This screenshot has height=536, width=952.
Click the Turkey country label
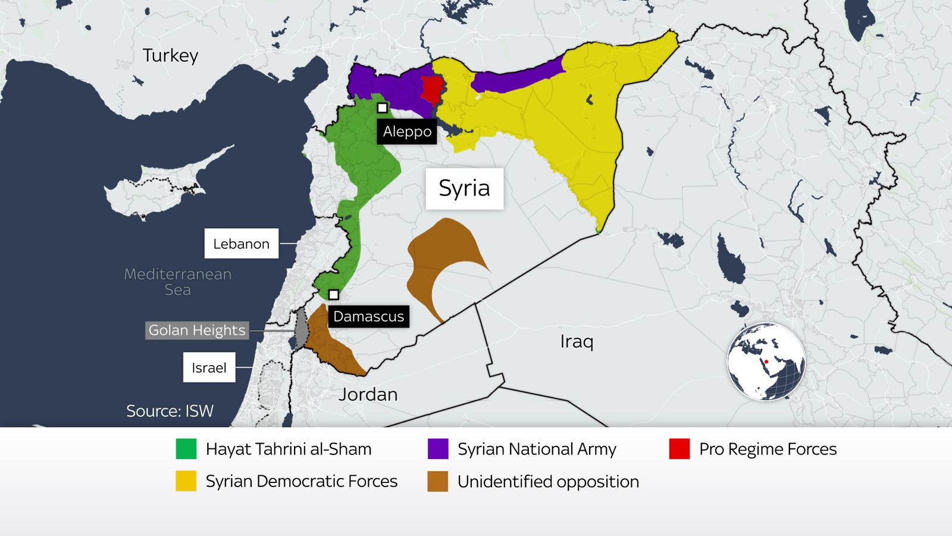[x=170, y=55]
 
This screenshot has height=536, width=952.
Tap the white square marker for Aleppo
[x=383, y=108]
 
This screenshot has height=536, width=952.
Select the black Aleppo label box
[x=407, y=132]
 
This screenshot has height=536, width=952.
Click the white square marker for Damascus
[x=334, y=295]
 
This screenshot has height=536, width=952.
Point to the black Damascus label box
[x=368, y=316]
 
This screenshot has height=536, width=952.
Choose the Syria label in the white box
[x=464, y=188]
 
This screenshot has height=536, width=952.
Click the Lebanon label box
[x=241, y=244]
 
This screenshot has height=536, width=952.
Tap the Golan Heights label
[x=196, y=331]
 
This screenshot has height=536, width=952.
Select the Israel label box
[x=209, y=367]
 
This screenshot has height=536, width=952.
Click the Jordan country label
[x=368, y=394]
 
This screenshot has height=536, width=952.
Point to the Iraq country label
[x=576, y=342]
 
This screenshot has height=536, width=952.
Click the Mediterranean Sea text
[x=177, y=282]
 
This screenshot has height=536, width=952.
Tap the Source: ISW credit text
[x=170, y=411]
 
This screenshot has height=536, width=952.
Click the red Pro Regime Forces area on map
[x=431, y=89]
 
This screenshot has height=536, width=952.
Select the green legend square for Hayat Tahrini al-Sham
[x=186, y=449]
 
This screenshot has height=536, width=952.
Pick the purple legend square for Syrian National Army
[x=438, y=449]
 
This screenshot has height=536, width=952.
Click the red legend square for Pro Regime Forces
[x=679, y=449]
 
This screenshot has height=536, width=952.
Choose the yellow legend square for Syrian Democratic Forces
[x=186, y=481]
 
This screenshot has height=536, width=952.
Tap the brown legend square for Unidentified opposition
[x=438, y=481]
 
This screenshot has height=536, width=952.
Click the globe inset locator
[x=766, y=362]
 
